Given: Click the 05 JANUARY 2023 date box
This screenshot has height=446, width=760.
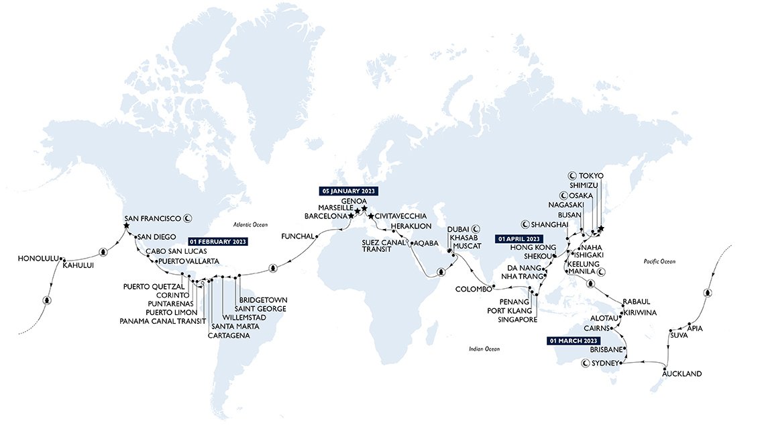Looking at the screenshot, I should pyautogui.click(x=350, y=191).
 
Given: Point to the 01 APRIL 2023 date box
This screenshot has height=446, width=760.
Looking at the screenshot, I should pyautogui.click(x=518, y=238).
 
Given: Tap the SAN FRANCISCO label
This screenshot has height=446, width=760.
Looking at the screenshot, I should pyautogui.click(x=153, y=218).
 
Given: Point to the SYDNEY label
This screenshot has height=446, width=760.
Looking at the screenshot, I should pyautogui.click(x=606, y=363).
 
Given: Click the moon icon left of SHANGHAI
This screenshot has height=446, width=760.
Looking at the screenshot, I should pyautogui.click(x=525, y=224).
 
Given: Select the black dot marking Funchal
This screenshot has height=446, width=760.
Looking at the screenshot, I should pyautogui.click(x=317, y=236).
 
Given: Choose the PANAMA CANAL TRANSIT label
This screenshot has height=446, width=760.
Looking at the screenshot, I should pyautogui.click(x=158, y=321).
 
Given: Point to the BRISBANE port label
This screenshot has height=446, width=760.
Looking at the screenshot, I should pyautogui.click(x=606, y=350).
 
